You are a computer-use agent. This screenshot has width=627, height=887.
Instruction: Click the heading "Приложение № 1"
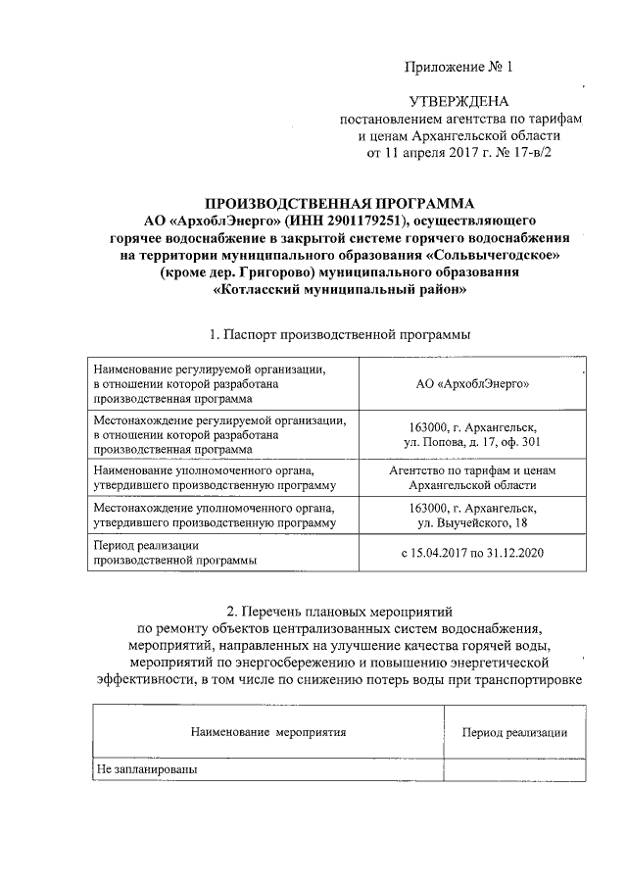(x=458, y=68)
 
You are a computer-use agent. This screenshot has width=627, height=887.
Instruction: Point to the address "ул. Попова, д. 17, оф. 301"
(x=472, y=442)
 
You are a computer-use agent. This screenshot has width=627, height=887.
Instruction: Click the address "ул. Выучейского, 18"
(x=472, y=524)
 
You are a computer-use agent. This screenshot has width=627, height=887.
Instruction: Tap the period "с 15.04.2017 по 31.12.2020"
(x=472, y=554)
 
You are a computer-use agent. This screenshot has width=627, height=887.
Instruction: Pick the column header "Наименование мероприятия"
(x=268, y=731)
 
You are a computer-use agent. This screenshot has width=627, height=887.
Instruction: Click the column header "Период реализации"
(x=514, y=731)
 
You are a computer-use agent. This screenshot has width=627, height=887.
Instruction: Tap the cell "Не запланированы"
(x=147, y=770)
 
